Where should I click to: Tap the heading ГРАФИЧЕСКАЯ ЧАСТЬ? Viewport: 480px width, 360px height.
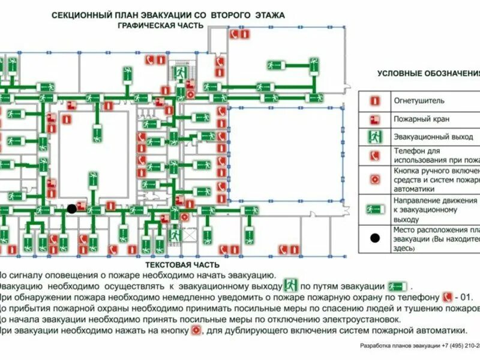pyautogui.click(x=160, y=25)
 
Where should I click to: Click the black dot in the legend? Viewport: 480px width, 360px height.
pyautogui.click(x=375, y=238)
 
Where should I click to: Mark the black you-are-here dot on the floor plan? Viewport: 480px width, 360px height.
pyautogui.click(x=72, y=209)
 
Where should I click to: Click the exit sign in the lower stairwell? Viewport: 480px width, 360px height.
pyautogui.click(x=174, y=235)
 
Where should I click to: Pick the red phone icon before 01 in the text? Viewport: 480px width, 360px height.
pyautogui.click(x=446, y=296)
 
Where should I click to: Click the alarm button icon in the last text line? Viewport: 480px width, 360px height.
pyautogui.click(x=195, y=330)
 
